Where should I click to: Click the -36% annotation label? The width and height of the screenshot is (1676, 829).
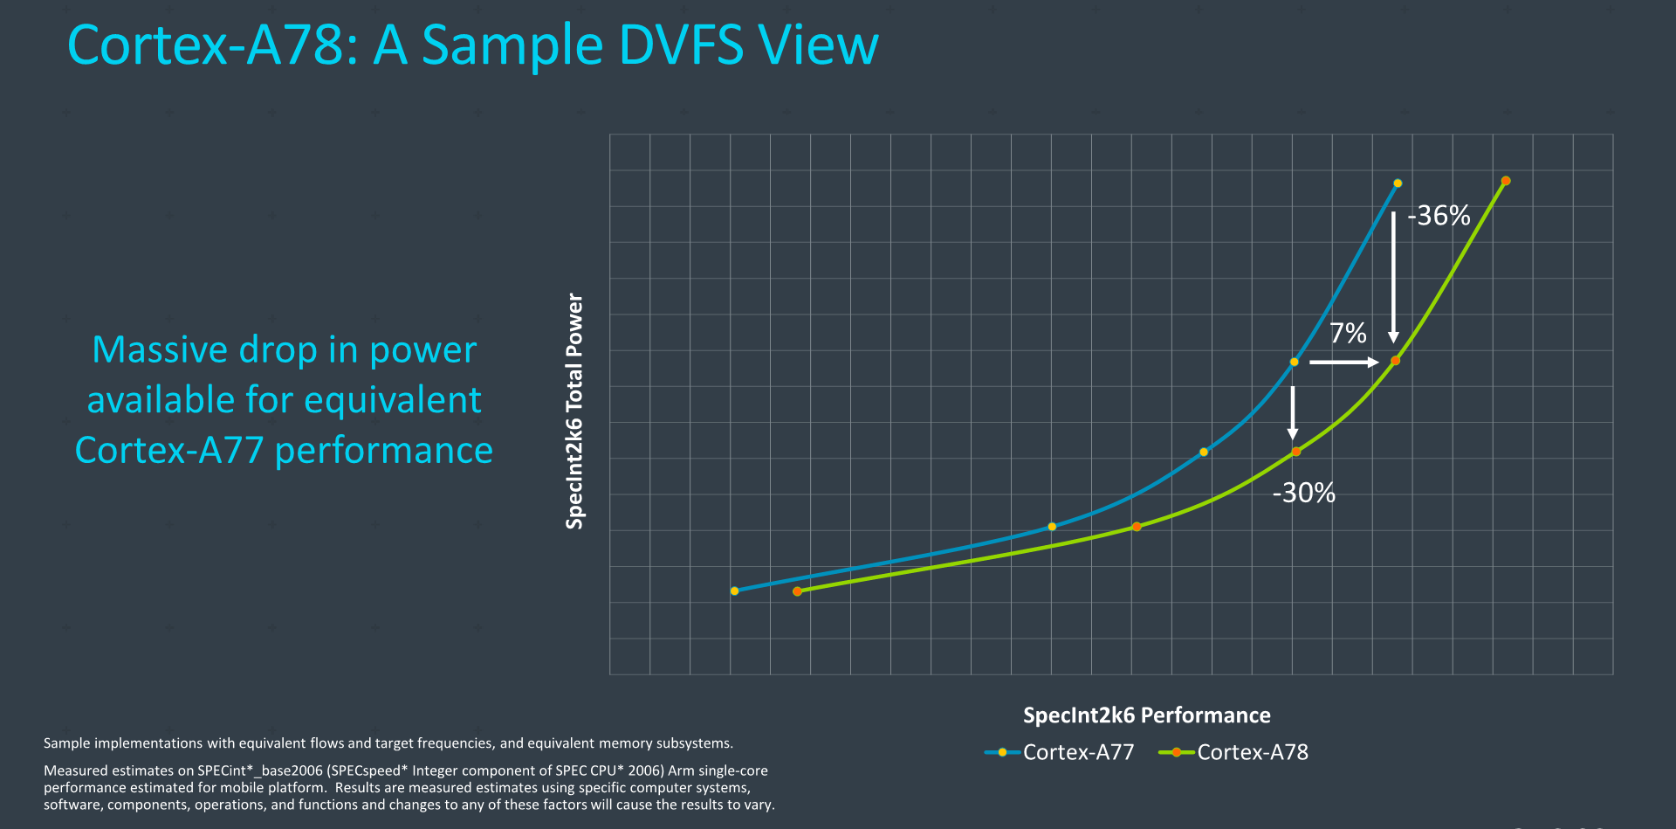pos(1439,216)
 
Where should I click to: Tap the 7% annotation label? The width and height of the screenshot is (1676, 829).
pos(1348,333)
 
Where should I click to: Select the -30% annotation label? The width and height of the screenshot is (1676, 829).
pos(1303,493)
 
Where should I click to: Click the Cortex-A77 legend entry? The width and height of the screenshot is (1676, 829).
pos(1059,752)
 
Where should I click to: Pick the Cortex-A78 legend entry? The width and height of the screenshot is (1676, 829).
pos(1233,752)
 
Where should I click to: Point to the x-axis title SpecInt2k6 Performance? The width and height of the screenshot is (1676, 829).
pos(1146,715)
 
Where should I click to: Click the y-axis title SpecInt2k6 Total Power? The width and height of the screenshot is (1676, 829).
pos(574,411)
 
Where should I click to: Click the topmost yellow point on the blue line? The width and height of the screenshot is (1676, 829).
pos(1398,183)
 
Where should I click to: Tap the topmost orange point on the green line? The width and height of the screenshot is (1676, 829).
pos(1506,181)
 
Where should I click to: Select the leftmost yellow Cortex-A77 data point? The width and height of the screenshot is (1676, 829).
pos(734,591)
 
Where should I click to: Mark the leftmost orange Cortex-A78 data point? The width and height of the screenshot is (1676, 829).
pos(797,591)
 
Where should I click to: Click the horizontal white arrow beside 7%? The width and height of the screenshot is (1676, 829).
pos(1343,362)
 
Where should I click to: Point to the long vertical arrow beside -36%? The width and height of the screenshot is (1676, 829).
pos(1393,277)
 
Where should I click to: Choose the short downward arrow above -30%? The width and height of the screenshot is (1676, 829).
pos(1293,412)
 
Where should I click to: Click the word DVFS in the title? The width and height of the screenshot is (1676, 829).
pos(681,45)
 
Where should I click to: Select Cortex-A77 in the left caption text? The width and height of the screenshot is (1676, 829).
pos(169,451)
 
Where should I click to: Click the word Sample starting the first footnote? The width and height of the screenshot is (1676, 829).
pos(66,743)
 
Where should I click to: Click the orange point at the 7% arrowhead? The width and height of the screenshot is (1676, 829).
pos(1395,361)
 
